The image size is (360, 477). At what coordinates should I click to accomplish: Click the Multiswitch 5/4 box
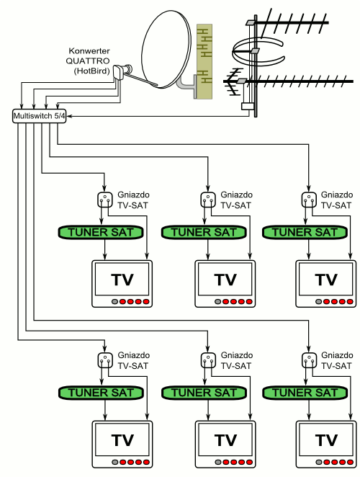click(x=39, y=116)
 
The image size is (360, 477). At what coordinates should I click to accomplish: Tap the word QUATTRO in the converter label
click(x=88, y=61)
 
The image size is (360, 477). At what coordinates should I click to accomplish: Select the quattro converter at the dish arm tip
click(x=122, y=71)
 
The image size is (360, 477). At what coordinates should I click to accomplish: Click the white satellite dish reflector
click(x=166, y=49)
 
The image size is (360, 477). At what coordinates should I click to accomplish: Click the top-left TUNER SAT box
click(x=101, y=233)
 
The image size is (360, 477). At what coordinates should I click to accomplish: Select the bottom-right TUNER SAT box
click(x=305, y=393)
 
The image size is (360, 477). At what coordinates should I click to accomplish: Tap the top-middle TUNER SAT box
click(x=204, y=233)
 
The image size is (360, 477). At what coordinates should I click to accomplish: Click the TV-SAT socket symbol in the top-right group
click(x=309, y=200)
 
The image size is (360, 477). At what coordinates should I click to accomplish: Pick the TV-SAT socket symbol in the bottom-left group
click(x=105, y=360)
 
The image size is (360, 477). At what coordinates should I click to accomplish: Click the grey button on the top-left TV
click(x=114, y=302)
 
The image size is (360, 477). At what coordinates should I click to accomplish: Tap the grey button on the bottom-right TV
click(x=319, y=462)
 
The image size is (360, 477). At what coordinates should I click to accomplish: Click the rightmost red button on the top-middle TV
click(x=249, y=302)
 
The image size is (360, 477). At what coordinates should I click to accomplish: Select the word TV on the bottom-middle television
click(x=225, y=440)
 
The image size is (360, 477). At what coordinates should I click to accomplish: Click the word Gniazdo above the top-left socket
click(x=133, y=195)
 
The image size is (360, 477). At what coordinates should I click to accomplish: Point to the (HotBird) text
click(x=91, y=71)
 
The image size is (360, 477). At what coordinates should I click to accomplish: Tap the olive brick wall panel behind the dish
click(x=204, y=61)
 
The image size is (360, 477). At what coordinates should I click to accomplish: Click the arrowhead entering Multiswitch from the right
click(x=69, y=116)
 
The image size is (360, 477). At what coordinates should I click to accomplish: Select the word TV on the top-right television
click(x=326, y=280)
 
